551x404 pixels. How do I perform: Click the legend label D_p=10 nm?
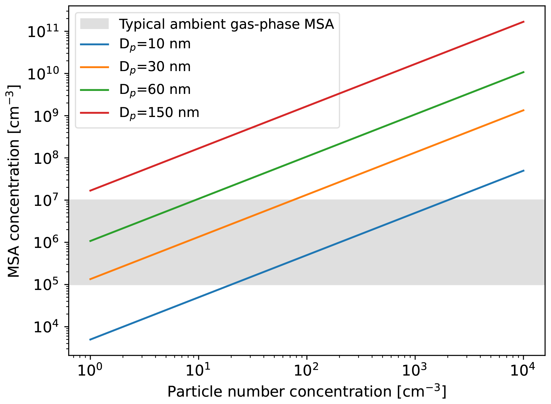[x=155, y=45]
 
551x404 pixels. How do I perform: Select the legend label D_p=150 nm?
[x=159, y=113]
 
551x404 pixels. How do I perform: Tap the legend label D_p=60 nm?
[x=155, y=90]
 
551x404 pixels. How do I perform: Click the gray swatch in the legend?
[x=95, y=24]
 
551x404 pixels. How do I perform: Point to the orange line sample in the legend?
[x=95, y=67]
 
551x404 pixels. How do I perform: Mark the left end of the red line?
[x=90, y=191]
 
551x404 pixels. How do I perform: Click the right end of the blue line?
[x=524, y=170]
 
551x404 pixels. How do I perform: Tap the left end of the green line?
[x=90, y=241]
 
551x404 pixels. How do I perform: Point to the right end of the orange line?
[x=524, y=110]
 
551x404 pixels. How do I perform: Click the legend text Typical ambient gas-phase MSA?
[x=227, y=24]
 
